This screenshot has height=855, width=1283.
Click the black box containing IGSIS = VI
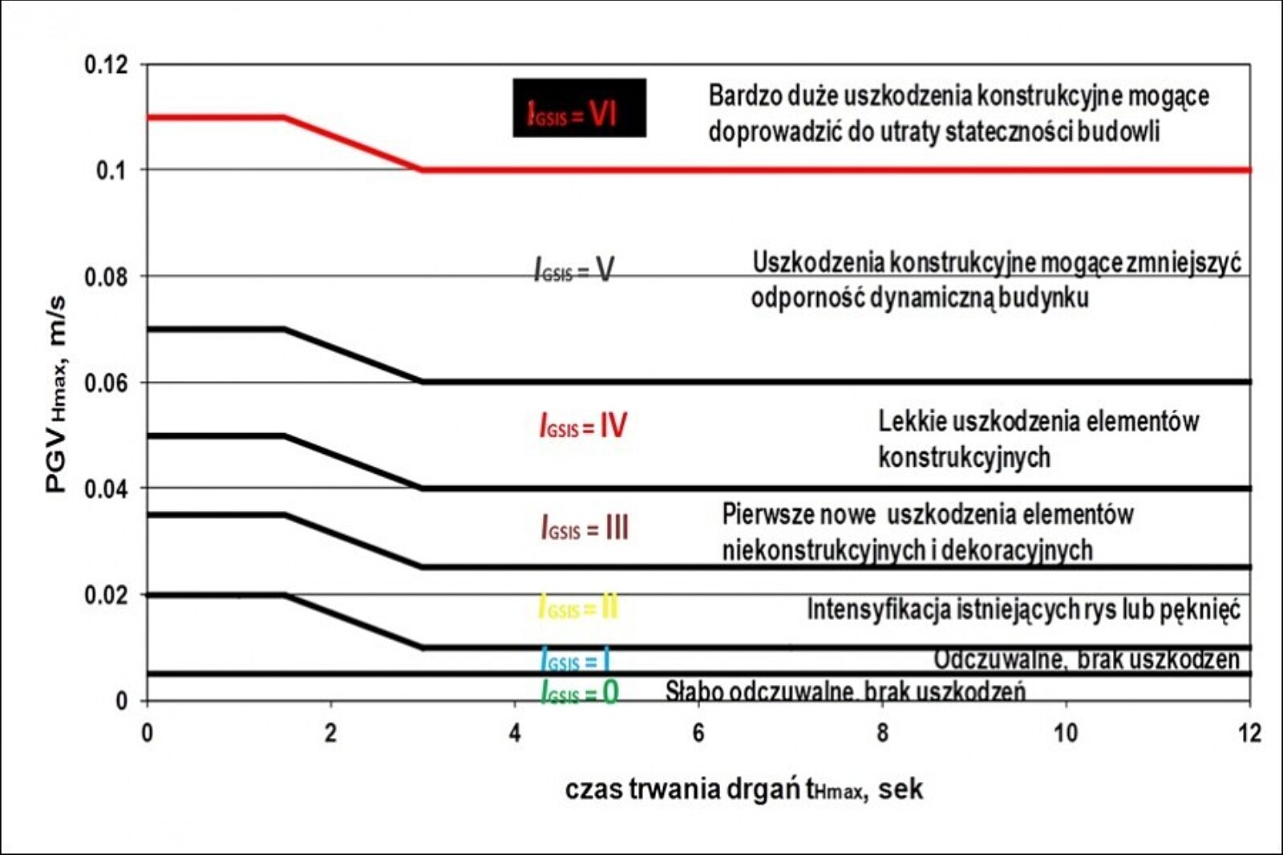579,107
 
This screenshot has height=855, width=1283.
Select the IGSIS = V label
574,270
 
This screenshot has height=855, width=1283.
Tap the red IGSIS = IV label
583,425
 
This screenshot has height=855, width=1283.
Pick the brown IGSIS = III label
585,528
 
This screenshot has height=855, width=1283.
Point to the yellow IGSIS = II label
578,608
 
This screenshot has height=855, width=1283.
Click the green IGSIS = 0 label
580,692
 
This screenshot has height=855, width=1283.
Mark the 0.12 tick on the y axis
106,64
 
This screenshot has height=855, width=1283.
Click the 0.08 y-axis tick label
106,277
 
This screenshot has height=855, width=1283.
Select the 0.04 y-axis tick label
106,488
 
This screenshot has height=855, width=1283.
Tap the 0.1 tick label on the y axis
111,170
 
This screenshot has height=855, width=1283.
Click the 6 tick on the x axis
698,733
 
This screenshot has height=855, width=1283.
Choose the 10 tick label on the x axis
1065,733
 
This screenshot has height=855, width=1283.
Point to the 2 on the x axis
330,733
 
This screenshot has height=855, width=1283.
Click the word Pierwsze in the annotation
759,514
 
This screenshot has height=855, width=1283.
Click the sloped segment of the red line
353,144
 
